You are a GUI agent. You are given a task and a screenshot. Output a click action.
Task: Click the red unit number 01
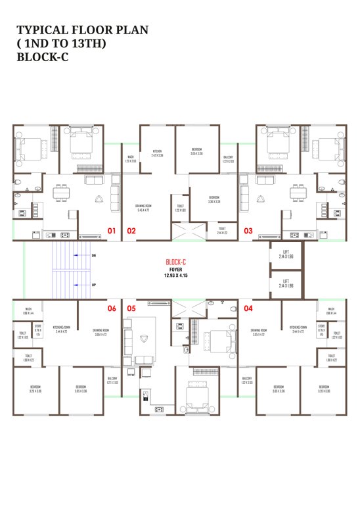click(x=112, y=231)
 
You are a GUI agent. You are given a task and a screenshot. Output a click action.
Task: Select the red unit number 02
click(x=131, y=231)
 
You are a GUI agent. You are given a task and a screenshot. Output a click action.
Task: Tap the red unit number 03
click(x=248, y=231)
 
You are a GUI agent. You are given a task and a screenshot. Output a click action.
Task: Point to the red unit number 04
click(x=248, y=307)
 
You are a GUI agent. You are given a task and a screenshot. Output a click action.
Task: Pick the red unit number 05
click(x=131, y=307)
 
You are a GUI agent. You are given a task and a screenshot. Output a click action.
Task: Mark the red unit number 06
click(x=112, y=307)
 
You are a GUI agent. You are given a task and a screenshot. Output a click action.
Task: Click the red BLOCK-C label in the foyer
click(x=176, y=262)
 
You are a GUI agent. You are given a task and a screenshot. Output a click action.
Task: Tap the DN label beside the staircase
click(x=93, y=254)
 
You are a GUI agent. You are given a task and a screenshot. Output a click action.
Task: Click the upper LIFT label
click(x=285, y=252)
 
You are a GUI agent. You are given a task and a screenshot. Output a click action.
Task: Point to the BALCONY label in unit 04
click(x=247, y=380)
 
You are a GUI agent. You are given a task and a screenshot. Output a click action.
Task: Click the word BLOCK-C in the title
click(x=43, y=57)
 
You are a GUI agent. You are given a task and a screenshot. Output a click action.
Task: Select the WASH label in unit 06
click(x=29, y=310)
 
